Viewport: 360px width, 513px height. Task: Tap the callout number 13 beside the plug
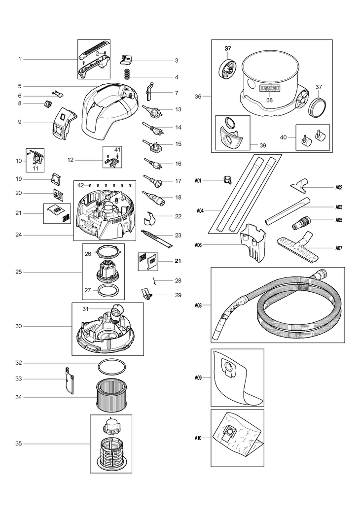(x=178, y=109)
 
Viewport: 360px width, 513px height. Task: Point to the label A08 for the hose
(x=198, y=305)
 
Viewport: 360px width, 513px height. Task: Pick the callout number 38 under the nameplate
(x=269, y=100)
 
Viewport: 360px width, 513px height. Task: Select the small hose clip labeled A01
(x=227, y=179)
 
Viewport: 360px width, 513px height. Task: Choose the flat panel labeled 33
(x=69, y=380)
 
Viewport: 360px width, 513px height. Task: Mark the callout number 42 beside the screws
(x=80, y=185)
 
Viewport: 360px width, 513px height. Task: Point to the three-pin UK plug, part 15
(x=152, y=145)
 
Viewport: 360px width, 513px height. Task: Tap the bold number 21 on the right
(x=178, y=261)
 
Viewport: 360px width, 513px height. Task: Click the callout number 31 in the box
(x=85, y=308)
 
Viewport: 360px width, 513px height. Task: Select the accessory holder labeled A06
(x=252, y=243)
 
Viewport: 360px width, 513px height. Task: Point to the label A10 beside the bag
(x=198, y=438)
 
